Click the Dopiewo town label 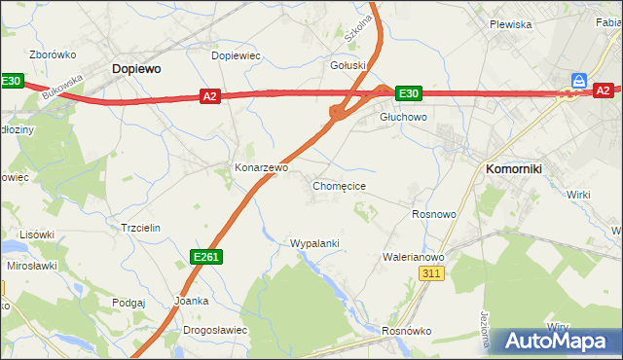click(x=136, y=69)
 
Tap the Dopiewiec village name click(x=236, y=56)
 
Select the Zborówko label click(x=53, y=55)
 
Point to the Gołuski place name click(x=348, y=65)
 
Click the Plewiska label click(x=510, y=24)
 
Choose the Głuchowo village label click(x=403, y=117)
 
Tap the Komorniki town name click(x=513, y=169)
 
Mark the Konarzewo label click(x=262, y=167)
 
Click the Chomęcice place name click(x=339, y=185)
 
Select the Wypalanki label click(x=314, y=242)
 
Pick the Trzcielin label click(x=139, y=227)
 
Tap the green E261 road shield click(x=205, y=257)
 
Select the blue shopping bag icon click(x=580, y=80)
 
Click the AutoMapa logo click(x=558, y=341)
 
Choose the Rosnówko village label click(x=406, y=331)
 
